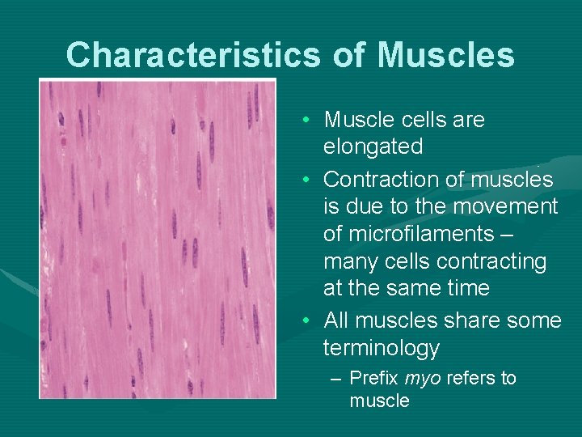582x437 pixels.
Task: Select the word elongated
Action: [373, 146]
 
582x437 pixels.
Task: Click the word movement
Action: [505, 207]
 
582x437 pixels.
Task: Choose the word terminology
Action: [381, 348]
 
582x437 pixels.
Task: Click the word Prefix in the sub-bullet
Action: [375, 378]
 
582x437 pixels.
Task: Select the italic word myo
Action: [423, 379]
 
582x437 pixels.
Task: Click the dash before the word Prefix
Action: [335, 379]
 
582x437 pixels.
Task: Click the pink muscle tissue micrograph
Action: [158, 238]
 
